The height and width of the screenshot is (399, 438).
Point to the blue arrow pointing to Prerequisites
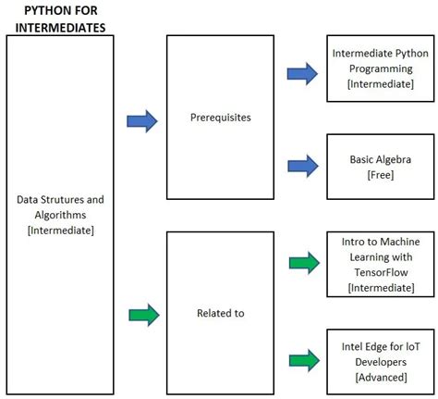point(141,120)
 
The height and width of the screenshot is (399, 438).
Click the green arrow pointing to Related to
point(142,315)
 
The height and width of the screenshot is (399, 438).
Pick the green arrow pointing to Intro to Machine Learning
point(302,263)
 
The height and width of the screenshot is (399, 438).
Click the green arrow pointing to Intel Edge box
point(302,357)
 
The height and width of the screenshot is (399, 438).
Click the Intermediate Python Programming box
point(381,69)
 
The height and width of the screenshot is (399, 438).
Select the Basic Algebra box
point(381,166)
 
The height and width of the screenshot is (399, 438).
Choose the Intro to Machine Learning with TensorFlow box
point(381,263)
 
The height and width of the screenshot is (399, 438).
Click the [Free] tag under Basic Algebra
point(381,174)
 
